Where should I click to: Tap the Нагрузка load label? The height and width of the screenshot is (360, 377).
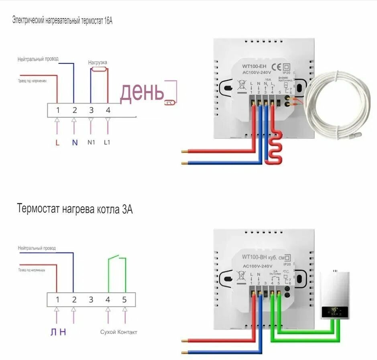[98, 63]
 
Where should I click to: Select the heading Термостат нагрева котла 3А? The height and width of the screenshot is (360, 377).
[75, 209]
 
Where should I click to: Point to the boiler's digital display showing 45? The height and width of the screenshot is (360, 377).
[334, 310]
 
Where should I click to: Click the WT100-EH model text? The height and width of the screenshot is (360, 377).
[254, 66]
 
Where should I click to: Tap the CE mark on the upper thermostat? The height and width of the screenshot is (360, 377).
[277, 67]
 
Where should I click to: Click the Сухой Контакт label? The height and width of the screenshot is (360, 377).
[118, 332]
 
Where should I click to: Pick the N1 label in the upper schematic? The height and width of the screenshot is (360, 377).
[91, 142]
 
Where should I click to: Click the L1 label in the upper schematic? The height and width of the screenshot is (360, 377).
[107, 142]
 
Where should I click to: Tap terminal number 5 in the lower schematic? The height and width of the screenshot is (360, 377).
[124, 299]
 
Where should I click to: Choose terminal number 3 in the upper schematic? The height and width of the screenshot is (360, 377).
[91, 110]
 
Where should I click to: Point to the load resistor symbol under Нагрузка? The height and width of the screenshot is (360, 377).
[99, 69]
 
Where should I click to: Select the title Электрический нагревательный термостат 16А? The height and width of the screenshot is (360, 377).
[62, 20]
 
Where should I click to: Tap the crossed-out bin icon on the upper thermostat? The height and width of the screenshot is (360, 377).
[242, 85]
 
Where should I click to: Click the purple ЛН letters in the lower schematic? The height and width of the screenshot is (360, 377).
[58, 332]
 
